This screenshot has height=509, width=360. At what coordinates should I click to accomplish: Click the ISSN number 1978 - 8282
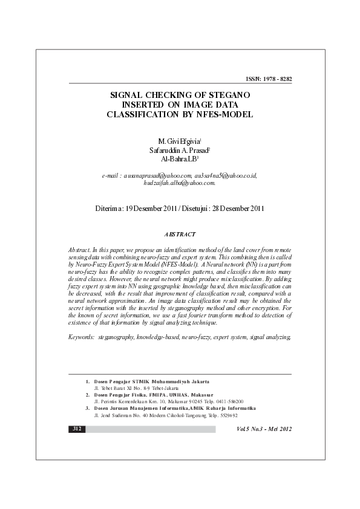pos(277,79)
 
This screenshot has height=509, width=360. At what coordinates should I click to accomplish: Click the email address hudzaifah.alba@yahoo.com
pos(180,183)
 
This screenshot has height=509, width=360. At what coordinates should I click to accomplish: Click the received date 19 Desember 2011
pos(152,209)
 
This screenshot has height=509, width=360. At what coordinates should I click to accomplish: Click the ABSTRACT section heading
pos(180,234)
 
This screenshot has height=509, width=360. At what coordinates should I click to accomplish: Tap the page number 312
pos(77,429)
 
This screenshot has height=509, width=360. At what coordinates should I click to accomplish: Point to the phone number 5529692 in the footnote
pos(225,415)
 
